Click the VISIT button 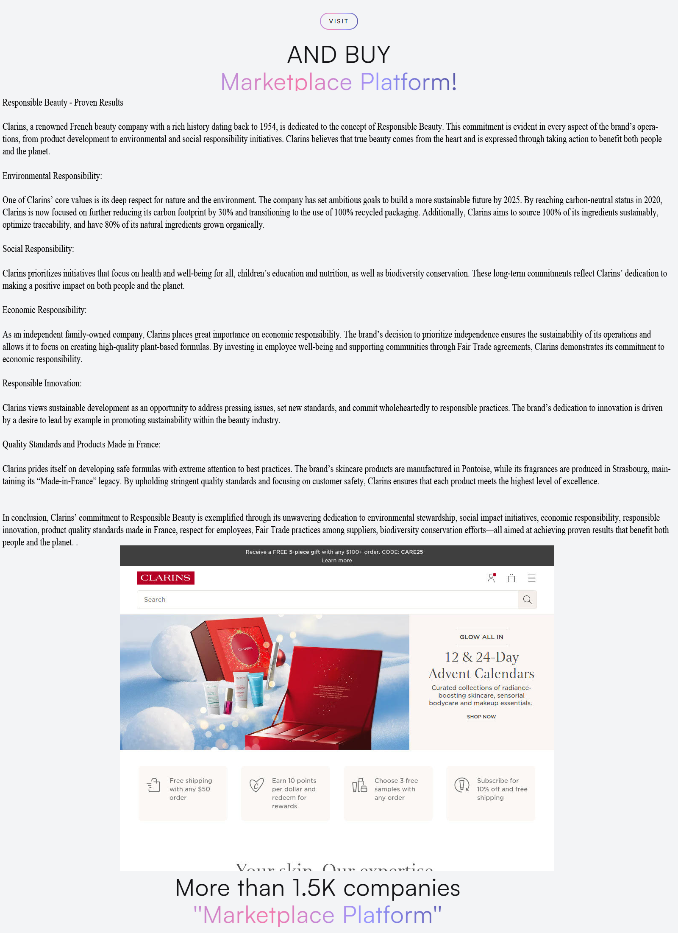tap(339, 21)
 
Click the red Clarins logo tap(165, 578)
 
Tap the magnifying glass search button tap(527, 599)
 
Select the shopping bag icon tap(511, 578)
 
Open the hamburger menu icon tap(532, 578)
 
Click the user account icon tap(491, 578)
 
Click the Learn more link tap(336, 560)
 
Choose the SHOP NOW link tap(481, 716)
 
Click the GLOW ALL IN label tap(481, 637)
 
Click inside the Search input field tap(326, 599)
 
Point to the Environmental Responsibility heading tap(52, 176)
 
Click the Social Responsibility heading tap(38, 249)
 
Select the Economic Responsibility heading tap(44, 310)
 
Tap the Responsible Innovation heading tap(42, 383)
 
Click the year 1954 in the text tap(268, 126)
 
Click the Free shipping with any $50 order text tap(190, 789)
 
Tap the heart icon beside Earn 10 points tap(256, 785)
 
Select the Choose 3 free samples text tap(396, 789)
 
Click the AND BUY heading tap(339, 55)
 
